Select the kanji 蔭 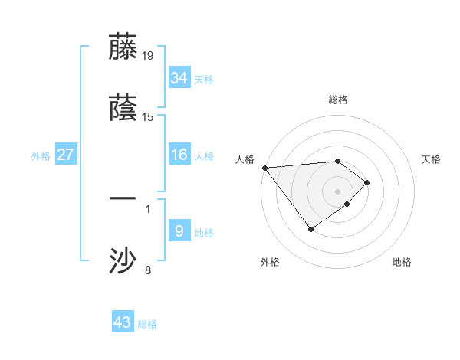click(x=123, y=109)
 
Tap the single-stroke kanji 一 click(x=123, y=199)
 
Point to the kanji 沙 click(x=123, y=261)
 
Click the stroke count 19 click(x=148, y=55)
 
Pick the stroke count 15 click(x=148, y=117)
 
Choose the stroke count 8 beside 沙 click(x=148, y=269)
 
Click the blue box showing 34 click(x=179, y=77)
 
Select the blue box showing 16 click(x=179, y=155)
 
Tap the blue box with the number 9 click(x=179, y=231)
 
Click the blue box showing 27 click(x=65, y=155)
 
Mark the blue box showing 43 click(x=122, y=322)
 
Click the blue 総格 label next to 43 click(x=147, y=324)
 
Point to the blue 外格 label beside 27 click(x=41, y=156)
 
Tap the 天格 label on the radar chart click(x=431, y=159)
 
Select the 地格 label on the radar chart click(x=402, y=262)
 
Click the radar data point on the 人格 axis click(x=264, y=168)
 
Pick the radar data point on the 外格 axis click(x=310, y=229)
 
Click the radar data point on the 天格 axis click(x=368, y=182)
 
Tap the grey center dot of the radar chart click(x=337, y=191)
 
